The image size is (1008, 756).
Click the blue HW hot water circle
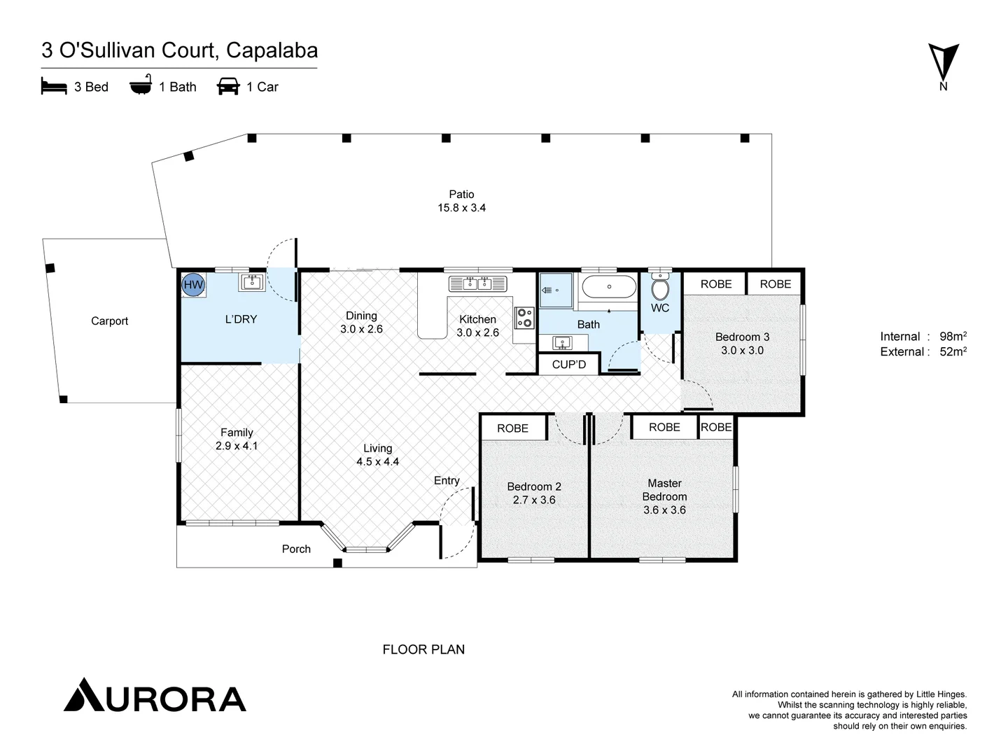point(193,285)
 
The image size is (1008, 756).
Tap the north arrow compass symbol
point(944,62)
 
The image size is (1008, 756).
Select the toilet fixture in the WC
point(660,288)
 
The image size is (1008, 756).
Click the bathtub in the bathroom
point(608,287)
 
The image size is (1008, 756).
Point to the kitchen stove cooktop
point(524,318)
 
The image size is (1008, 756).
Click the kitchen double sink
point(478,283)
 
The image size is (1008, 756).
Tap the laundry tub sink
point(251,282)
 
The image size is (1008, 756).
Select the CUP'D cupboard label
point(568,365)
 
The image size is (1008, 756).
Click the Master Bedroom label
point(664,490)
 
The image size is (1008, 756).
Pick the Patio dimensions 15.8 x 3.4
point(461,208)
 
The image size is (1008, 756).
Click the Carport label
point(110,321)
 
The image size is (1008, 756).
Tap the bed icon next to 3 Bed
point(54,87)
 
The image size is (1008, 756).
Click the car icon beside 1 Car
point(228,87)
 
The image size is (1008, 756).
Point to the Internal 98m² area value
point(953,337)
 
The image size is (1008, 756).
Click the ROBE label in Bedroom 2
point(512,428)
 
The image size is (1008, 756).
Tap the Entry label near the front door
point(447,480)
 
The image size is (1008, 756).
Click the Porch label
point(296,549)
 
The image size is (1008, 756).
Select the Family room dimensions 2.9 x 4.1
point(237,446)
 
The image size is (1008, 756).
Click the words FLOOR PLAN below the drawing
point(423,650)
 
